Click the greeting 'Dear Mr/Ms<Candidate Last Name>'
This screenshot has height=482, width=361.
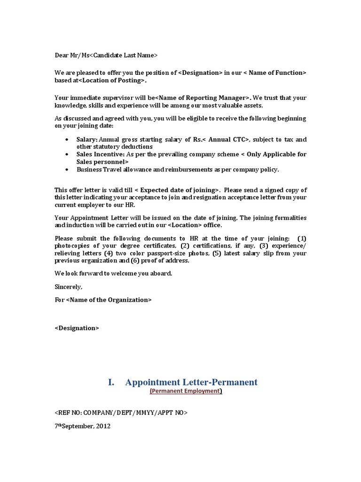pyautogui.click(x=106, y=56)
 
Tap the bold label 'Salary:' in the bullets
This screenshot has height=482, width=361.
pyautogui.click(x=87, y=140)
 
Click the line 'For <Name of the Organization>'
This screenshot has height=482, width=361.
pyautogui.click(x=103, y=300)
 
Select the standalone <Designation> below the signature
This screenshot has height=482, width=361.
pyautogui.click(x=77, y=328)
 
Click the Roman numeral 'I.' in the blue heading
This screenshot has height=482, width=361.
pyautogui.click(x=111, y=382)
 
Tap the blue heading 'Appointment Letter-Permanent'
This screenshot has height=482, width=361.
pyautogui.click(x=191, y=382)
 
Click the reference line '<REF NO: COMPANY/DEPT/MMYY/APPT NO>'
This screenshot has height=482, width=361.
pyautogui.click(x=121, y=413)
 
